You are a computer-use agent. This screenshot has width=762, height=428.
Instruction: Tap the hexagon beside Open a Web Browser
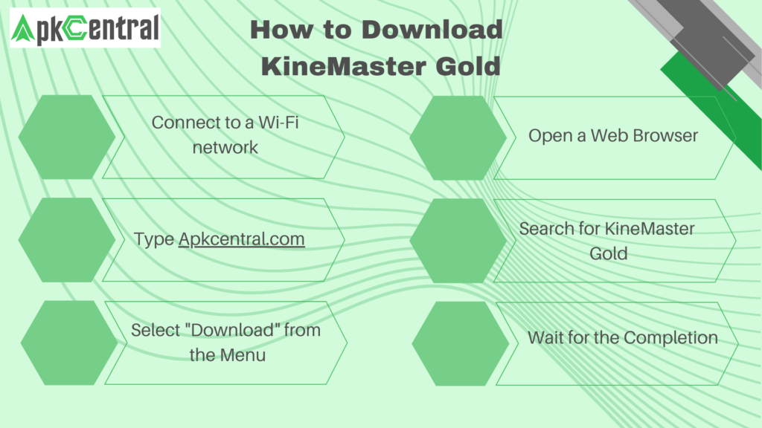(458, 137)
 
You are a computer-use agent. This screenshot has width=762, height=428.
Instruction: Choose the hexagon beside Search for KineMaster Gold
(458, 240)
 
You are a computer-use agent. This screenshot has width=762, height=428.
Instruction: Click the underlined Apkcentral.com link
(241, 239)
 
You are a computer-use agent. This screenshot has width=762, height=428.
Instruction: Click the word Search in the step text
(547, 229)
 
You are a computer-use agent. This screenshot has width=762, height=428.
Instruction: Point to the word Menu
(243, 355)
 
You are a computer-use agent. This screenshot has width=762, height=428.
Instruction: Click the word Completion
(670, 338)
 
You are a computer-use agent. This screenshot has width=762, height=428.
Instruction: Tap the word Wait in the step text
(543, 338)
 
